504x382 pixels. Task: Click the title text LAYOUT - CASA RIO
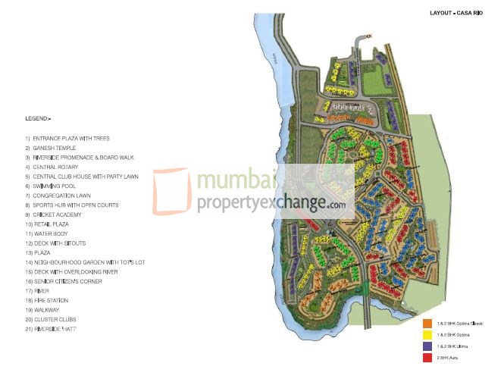(456, 13)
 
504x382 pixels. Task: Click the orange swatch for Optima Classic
(427, 324)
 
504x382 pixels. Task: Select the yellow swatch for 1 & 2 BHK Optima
(427, 335)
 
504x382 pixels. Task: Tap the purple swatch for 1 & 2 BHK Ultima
(427, 346)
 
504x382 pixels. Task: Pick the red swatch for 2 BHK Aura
(427, 356)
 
